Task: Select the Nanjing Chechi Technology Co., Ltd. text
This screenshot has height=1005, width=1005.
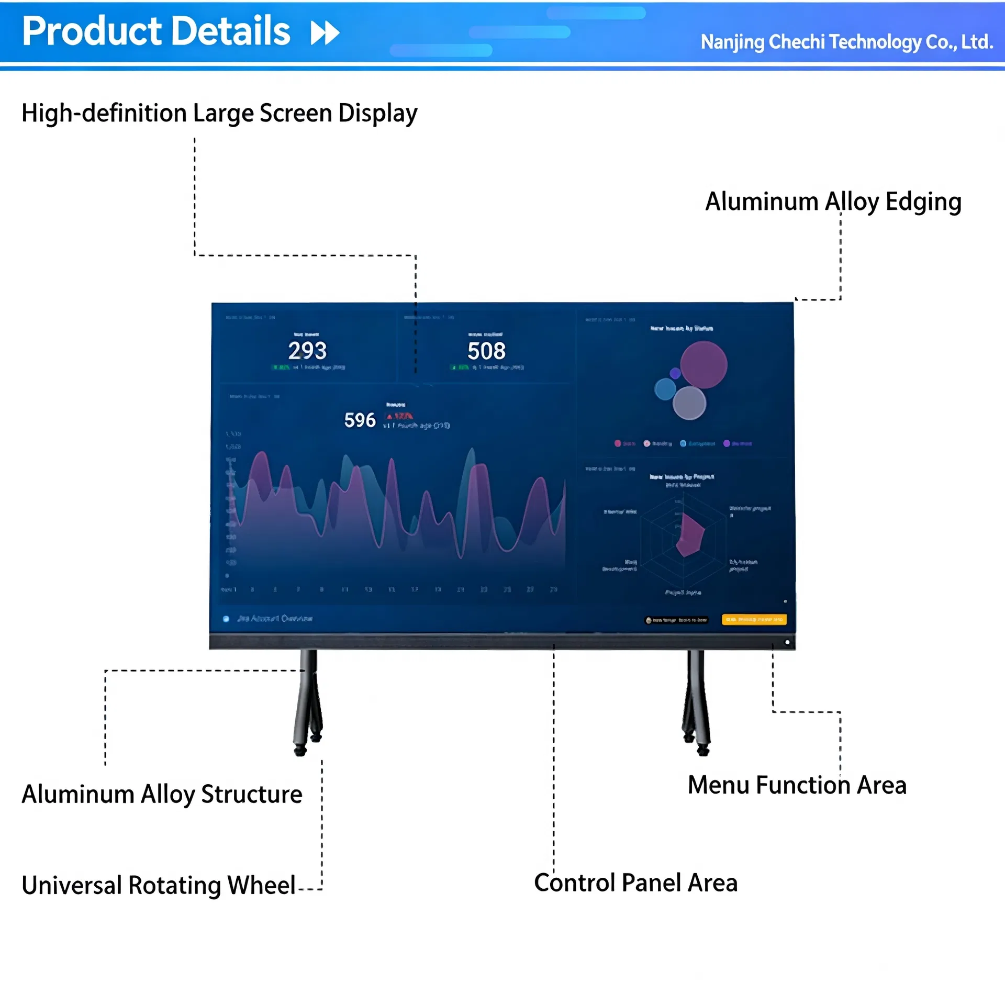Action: pyautogui.click(x=846, y=42)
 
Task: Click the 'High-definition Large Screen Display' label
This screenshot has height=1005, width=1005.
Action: pyautogui.click(x=219, y=113)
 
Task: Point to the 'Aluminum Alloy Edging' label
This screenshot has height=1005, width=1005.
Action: pyautogui.click(x=833, y=202)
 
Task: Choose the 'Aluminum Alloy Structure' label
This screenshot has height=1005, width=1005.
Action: pyautogui.click(x=162, y=794)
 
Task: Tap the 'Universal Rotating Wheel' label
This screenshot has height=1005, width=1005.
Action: pyautogui.click(x=159, y=885)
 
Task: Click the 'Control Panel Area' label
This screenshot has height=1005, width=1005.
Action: pyautogui.click(x=635, y=883)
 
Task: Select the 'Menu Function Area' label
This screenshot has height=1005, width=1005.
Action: pyautogui.click(x=797, y=785)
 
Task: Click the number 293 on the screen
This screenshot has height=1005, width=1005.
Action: pyautogui.click(x=307, y=351)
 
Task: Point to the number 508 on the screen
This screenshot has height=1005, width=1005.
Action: pyautogui.click(x=486, y=351)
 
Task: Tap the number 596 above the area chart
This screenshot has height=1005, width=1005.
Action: pyautogui.click(x=360, y=420)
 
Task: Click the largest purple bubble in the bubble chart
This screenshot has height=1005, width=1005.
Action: pyautogui.click(x=703, y=365)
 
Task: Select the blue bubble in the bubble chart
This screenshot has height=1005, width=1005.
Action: pyautogui.click(x=665, y=389)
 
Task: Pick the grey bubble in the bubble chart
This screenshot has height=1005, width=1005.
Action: pyautogui.click(x=689, y=403)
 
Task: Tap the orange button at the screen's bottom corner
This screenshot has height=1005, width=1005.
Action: pyautogui.click(x=754, y=620)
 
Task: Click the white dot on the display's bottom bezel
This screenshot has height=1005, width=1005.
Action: pyautogui.click(x=787, y=642)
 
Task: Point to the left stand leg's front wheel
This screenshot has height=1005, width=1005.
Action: pyautogui.click(x=300, y=751)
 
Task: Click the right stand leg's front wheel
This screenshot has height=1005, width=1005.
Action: pyautogui.click(x=703, y=751)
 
